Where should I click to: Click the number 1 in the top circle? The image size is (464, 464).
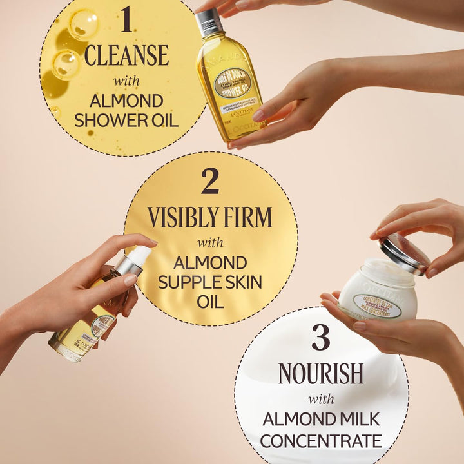click(x=126, y=20)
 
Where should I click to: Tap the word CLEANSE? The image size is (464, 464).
click(x=126, y=55)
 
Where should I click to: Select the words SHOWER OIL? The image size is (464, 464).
click(x=126, y=120)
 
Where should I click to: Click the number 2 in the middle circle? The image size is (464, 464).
click(x=210, y=182)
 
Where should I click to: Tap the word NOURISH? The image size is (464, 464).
click(x=321, y=374)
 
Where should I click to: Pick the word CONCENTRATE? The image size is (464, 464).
click(x=321, y=441)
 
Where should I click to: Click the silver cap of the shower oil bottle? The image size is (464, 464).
click(x=209, y=23)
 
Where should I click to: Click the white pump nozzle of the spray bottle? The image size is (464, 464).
click(x=137, y=256)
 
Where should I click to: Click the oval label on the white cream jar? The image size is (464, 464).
click(x=377, y=307)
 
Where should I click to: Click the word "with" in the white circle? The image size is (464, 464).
click(x=320, y=398)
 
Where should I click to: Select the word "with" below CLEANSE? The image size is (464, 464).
click(x=126, y=81)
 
